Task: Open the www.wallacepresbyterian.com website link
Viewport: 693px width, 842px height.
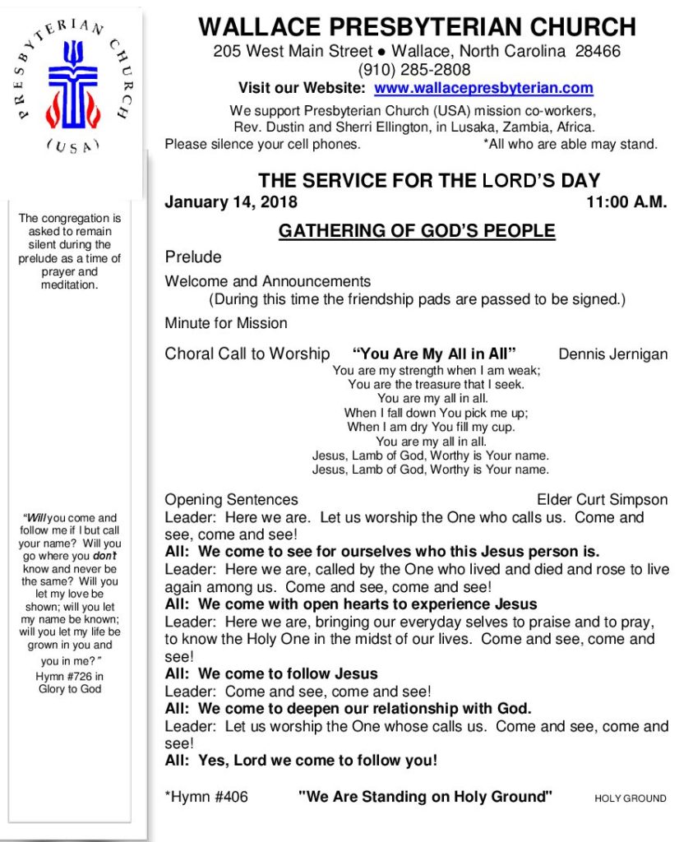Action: pos(483,88)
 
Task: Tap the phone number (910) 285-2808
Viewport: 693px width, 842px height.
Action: pos(414,70)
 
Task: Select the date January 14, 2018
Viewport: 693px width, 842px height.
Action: pos(231,202)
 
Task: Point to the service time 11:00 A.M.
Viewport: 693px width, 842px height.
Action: pos(626,202)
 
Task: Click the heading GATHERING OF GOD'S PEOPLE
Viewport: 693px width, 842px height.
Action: pos(417,231)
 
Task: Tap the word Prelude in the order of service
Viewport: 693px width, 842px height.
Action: pos(193,257)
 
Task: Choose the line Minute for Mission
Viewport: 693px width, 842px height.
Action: pos(226,323)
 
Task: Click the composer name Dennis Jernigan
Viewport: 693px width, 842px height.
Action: pos(612,354)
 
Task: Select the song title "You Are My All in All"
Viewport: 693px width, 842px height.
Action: pos(434,354)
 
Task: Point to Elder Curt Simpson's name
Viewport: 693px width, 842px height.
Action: pos(602,499)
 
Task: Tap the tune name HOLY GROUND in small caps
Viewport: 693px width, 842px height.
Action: pos(630,798)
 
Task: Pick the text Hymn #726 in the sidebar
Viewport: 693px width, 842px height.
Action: pos(69,677)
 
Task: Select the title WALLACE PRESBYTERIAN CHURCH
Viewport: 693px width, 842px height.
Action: pos(417,27)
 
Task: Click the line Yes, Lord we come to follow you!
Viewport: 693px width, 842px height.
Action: pos(301,761)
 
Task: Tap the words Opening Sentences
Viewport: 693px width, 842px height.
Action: pos(231,499)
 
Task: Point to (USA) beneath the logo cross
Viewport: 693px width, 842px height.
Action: pos(72,146)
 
